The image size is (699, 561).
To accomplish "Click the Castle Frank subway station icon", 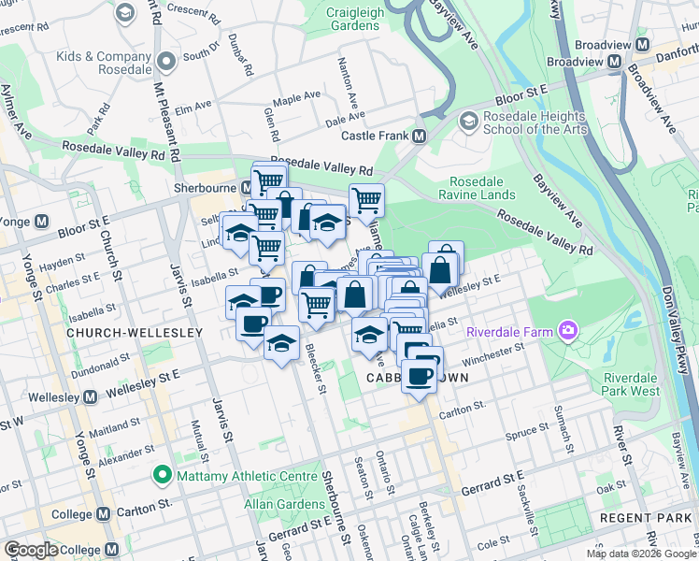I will [x=420, y=137].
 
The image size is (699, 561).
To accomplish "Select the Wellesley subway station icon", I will [x=90, y=396].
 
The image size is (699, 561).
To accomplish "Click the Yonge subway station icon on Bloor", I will [x=40, y=223].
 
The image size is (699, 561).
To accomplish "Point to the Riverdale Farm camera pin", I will [x=566, y=330].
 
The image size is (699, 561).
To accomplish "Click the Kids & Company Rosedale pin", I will [x=167, y=63].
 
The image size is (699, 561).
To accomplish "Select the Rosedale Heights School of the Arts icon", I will [x=469, y=121].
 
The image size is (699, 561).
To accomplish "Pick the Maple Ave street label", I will [x=296, y=98].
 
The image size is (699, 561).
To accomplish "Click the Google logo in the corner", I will [x=32, y=550].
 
